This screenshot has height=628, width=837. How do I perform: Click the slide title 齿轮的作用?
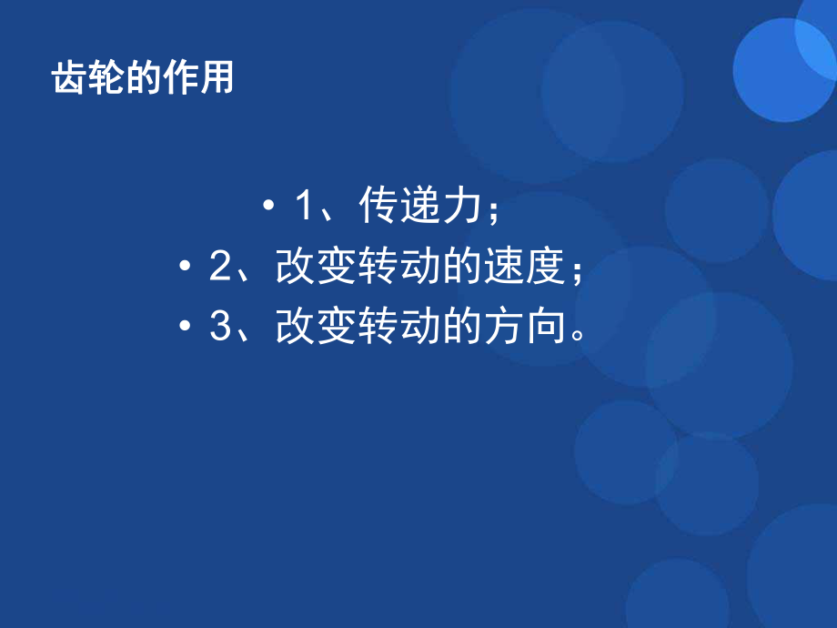[143, 78]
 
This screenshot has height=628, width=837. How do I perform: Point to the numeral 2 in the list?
[219, 268]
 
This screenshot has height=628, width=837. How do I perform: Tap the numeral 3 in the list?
[219, 328]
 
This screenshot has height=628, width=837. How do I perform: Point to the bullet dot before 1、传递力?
[268, 208]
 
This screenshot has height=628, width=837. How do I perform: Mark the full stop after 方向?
[575, 338]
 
